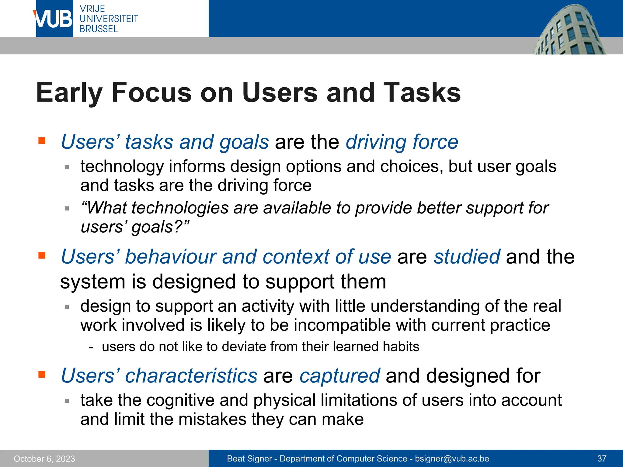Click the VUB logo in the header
tap(54, 19)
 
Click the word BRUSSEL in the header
tap(99, 29)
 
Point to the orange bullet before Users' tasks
tap(42, 140)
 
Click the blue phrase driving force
tap(402, 142)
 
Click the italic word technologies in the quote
tap(180, 208)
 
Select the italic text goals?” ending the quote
tap(160, 227)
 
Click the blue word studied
tap(467, 257)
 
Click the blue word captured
tap(339, 376)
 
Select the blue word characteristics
tap(191, 376)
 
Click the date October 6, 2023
tap(44, 458)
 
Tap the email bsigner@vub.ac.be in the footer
tap(452, 458)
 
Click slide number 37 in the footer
tap(601, 458)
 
